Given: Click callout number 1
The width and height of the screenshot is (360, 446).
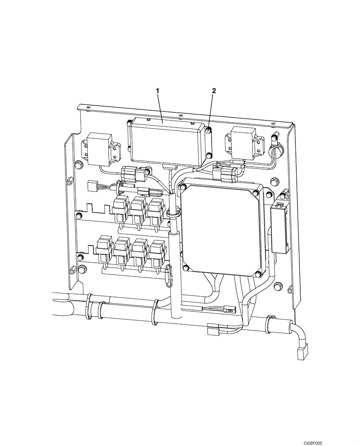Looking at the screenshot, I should (157, 91).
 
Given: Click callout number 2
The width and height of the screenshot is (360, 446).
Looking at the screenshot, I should (214, 91).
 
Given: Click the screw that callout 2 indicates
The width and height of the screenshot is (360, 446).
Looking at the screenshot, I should (209, 131).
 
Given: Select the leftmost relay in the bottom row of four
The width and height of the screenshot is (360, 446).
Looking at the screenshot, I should (103, 248).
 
